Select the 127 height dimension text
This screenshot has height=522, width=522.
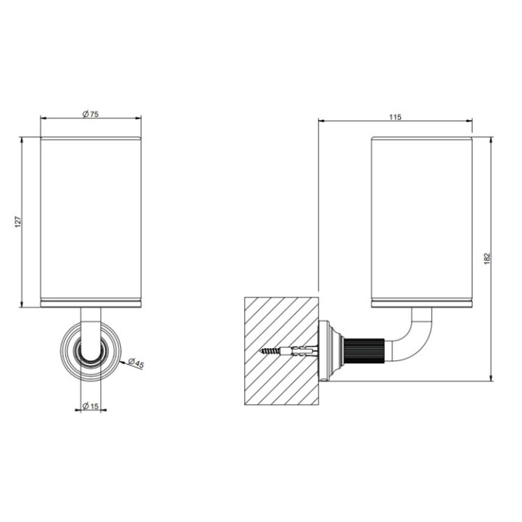click(17, 220)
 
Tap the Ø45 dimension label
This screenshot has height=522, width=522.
click(136, 364)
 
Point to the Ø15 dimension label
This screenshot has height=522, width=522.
click(91, 405)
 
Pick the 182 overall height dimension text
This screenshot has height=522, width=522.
click(486, 258)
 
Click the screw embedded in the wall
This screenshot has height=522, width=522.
click(274, 350)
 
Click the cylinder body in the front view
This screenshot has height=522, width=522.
click(91, 217)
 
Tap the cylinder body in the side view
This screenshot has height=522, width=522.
click(422, 217)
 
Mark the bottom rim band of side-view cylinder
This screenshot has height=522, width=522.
click(422, 302)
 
